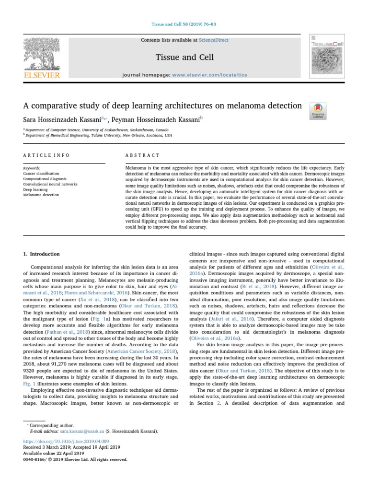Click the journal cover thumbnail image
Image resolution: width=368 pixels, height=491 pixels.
tap(327, 56)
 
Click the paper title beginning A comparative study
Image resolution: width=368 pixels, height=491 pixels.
tap(162, 105)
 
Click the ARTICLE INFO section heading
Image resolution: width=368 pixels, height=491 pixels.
tap(46, 155)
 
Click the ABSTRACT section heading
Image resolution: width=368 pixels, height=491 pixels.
tap(142, 155)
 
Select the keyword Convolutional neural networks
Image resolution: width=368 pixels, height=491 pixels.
tap(50, 184)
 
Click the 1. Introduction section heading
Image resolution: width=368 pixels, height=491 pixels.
tap(42, 254)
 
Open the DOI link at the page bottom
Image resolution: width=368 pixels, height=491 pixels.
tap(66, 441)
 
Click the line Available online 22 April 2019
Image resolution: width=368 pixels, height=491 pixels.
tap(53, 453)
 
